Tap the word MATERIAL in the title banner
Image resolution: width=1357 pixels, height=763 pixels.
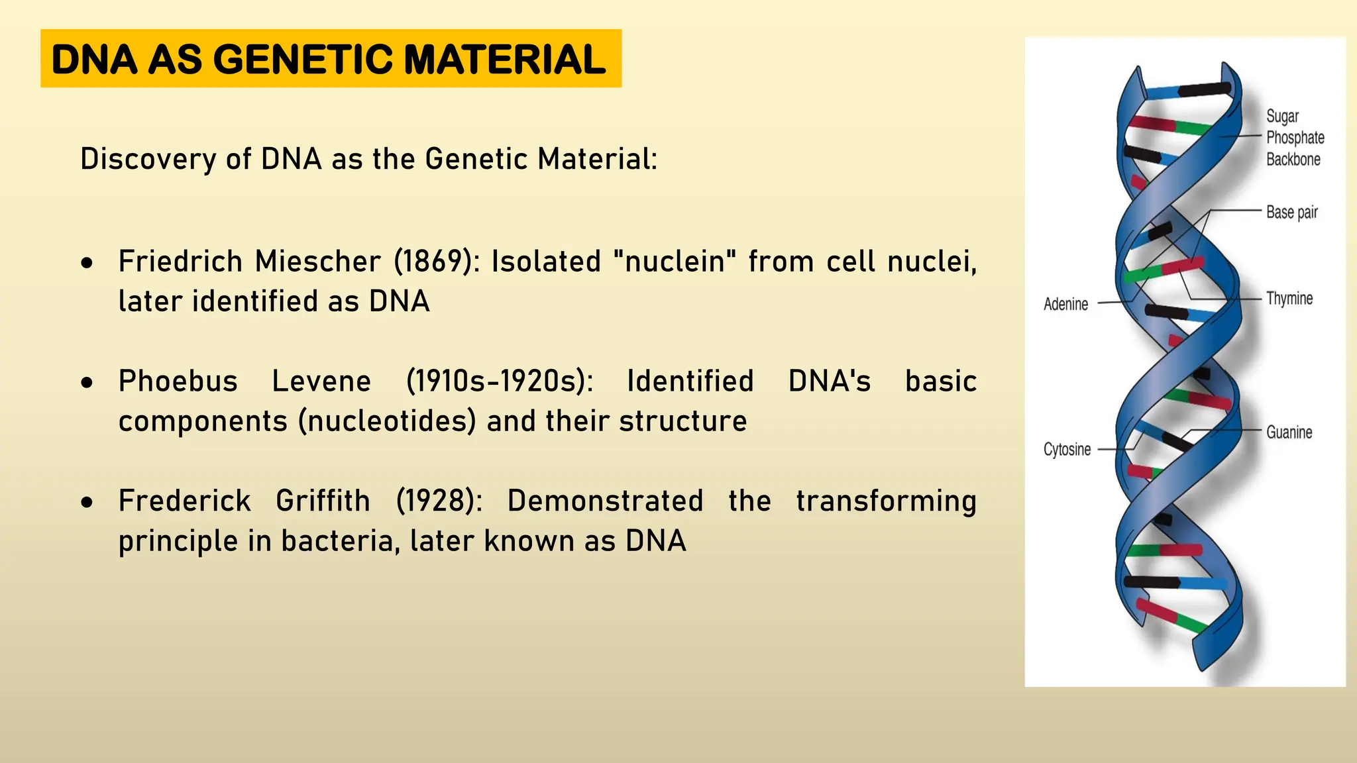504,60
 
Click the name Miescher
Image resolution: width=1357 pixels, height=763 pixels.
318,262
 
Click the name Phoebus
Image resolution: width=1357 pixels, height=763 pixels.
178,381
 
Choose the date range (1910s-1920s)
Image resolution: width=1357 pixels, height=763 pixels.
500,381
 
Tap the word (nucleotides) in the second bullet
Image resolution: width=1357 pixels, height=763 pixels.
387,422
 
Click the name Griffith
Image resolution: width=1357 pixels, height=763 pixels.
323,501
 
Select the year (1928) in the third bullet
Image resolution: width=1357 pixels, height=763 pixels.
439,501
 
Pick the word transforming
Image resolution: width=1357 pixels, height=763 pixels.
886,501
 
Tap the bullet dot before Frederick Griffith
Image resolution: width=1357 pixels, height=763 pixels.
87,503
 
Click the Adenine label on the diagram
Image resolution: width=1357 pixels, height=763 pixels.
1065,304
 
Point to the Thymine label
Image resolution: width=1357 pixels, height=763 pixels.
1289,299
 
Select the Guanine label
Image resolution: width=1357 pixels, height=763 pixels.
1289,432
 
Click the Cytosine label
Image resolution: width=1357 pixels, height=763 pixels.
1067,450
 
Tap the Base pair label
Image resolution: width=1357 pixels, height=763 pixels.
1291,213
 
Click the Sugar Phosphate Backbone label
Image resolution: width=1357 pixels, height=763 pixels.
1295,138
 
